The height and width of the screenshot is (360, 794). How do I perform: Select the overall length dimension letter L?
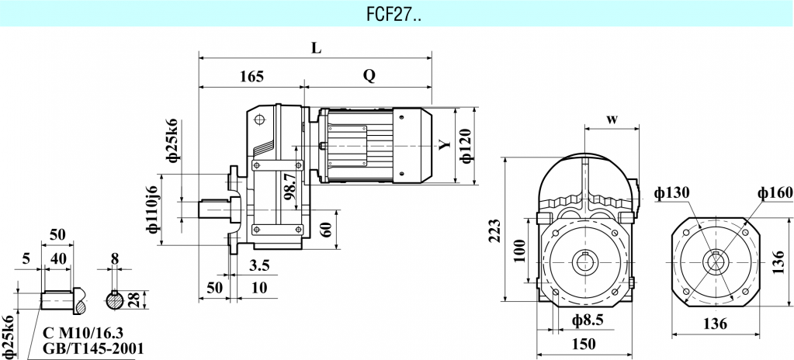(315, 47)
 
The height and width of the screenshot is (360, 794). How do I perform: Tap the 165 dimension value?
(251, 76)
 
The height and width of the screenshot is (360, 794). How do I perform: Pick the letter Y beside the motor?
(443, 145)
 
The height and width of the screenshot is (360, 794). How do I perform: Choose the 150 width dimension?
(584, 344)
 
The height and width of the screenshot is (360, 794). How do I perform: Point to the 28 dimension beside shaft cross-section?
(135, 300)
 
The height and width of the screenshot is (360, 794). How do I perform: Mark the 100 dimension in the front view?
(520, 251)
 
